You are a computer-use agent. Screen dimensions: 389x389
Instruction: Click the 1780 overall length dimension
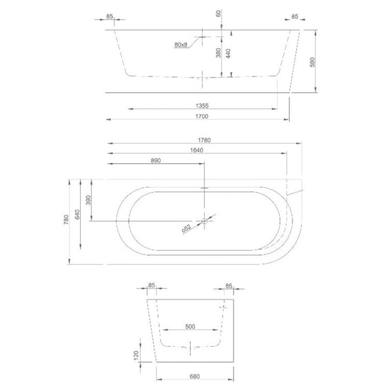[202, 139]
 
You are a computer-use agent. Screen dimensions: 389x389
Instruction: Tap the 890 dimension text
[156, 161]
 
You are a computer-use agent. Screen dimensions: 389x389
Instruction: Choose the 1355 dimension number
[202, 106]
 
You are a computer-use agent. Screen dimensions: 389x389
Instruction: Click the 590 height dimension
[312, 61]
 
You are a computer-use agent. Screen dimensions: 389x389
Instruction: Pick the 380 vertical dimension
[219, 53]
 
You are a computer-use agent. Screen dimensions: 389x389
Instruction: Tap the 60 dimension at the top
[219, 13]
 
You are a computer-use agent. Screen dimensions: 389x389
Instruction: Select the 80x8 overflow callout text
[181, 44]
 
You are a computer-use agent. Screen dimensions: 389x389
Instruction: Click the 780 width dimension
[65, 221]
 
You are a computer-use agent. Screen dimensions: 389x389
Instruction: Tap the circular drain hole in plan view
[205, 221]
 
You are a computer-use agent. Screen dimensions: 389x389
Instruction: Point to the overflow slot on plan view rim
[205, 188]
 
